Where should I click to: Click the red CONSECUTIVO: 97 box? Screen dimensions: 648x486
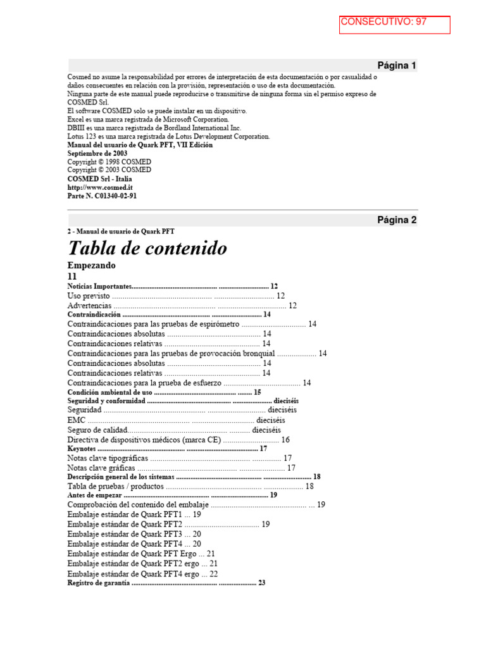pyautogui.click(x=394, y=25)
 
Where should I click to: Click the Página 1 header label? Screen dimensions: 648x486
pyautogui.click(x=397, y=65)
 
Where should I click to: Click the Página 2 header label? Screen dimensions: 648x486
pyautogui.click(x=397, y=220)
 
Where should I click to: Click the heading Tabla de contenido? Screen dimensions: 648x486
pyautogui.click(x=147, y=248)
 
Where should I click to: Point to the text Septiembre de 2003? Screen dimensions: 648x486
pyautogui.click(x=97, y=153)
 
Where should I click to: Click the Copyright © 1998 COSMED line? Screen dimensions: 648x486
pyautogui.click(x=109, y=162)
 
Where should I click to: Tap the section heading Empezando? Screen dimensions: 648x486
pyautogui.click(x=91, y=265)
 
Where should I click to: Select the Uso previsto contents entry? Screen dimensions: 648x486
pyautogui.click(x=89, y=296)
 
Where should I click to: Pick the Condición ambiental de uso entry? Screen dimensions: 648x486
pyautogui.click(x=109, y=392)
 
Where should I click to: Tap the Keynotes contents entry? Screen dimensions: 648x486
pyautogui.click(x=82, y=449)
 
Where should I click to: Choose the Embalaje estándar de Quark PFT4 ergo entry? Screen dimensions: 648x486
pyautogui.click(x=133, y=573)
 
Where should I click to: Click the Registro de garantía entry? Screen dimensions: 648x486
pyautogui.click(x=98, y=583)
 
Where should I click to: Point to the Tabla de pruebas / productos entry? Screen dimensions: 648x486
pyautogui.click(x=115, y=486)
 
